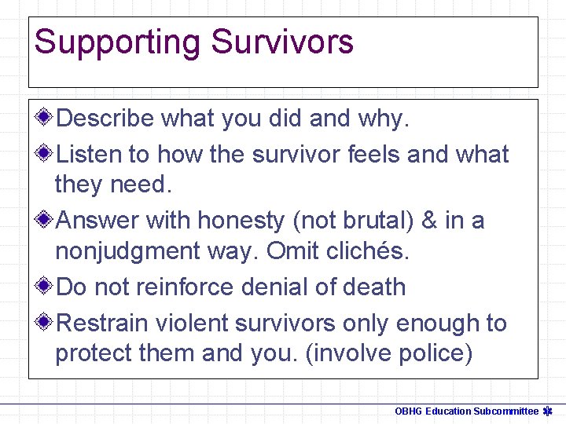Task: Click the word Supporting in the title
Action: click(x=117, y=42)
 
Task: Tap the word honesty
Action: click(x=241, y=221)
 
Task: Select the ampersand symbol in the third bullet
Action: click(x=430, y=221)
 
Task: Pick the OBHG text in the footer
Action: click(x=408, y=411)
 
